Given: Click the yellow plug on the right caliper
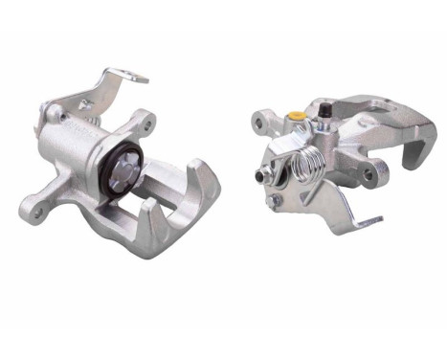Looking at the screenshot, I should (297, 116).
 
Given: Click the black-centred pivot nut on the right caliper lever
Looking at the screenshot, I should (259, 176).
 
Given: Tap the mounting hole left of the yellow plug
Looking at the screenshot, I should (259, 121).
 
